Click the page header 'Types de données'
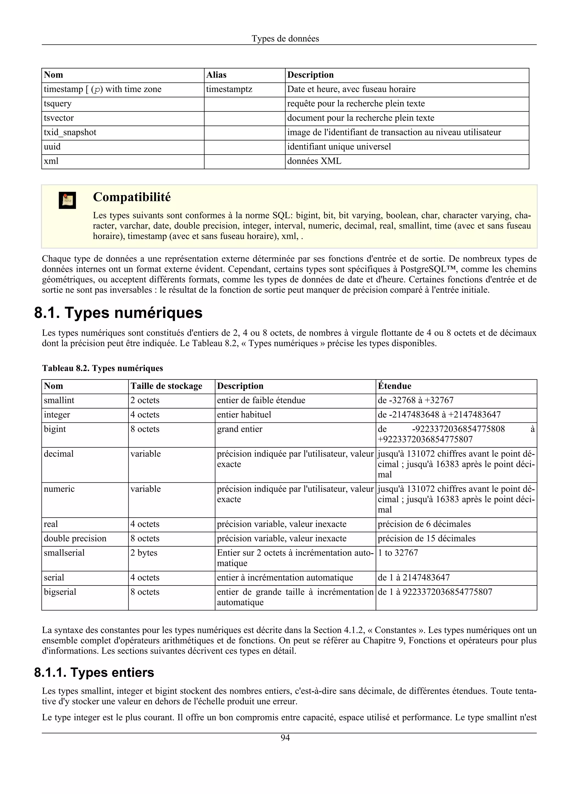pyautogui.click(x=285, y=38)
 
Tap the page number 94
pyautogui.click(x=285, y=738)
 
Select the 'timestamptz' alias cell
pyautogui.click(x=229, y=89)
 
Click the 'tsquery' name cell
pyautogui.click(x=57, y=104)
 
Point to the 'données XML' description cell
pyautogui.click(x=314, y=161)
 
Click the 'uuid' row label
pyautogui.click(x=52, y=147)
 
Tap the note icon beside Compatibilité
pyautogui.click(x=67, y=200)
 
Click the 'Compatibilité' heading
pyautogui.click(x=132, y=197)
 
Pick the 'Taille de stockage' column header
pyautogui.click(x=166, y=386)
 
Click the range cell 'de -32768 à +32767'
pyautogui.click(x=415, y=401)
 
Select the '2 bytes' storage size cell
pyautogui.click(x=144, y=553)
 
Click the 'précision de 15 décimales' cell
pyautogui.click(x=427, y=538)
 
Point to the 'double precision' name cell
pyautogui.click(x=75, y=538)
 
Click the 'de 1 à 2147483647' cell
pyautogui.click(x=414, y=578)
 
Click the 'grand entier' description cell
pyautogui.click(x=240, y=429)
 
